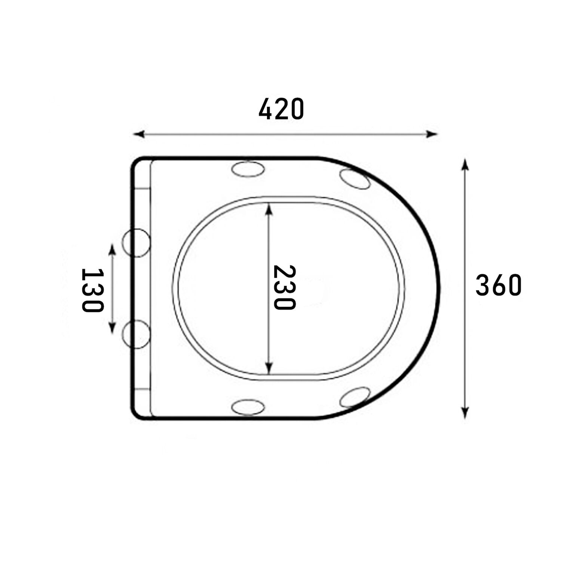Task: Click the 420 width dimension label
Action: tap(281, 109)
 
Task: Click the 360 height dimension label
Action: tap(498, 285)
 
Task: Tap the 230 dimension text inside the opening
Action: tap(284, 288)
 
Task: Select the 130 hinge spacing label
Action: tap(92, 290)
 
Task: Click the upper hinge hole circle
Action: tap(137, 243)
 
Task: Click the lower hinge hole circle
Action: tap(137, 334)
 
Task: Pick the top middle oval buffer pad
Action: tap(248, 169)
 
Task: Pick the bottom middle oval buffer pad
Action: tap(248, 406)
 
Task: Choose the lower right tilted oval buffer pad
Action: tap(355, 397)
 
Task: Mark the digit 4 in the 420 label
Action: tap(266, 109)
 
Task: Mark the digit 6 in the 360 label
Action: tap(498, 285)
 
